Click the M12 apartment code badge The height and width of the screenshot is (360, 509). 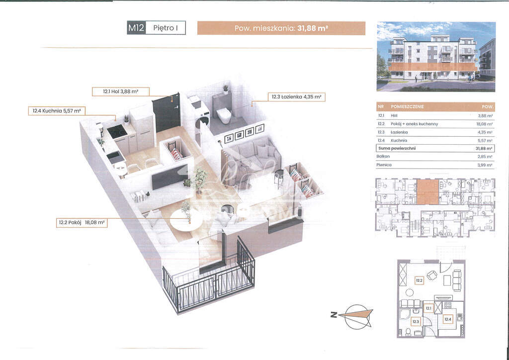tap(136, 28)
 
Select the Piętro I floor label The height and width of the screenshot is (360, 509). tap(166, 28)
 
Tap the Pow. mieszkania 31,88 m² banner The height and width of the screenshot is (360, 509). tap(281, 28)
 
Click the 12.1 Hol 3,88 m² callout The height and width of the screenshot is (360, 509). tap(120, 91)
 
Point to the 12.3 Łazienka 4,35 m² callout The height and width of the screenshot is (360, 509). tap(296, 97)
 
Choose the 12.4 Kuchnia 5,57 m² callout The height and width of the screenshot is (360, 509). tap(57, 111)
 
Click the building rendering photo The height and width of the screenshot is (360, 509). tap(436, 56)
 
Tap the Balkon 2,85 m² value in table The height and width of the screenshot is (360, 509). tap(485, 156)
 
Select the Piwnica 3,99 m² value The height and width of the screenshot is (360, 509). tap(485, 165)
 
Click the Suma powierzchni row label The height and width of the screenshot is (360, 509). tap(396, 148)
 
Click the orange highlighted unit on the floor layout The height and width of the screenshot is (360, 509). tap(427, 192)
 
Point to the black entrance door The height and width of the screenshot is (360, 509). tap(167, 113)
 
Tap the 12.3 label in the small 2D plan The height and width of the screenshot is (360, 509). tap(416, 321)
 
